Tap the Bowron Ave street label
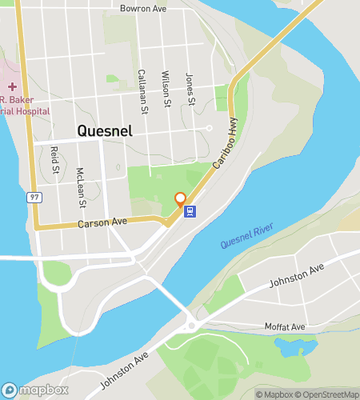[142, 8]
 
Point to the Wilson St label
[166, 86]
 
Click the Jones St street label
[190, 89]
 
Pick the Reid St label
[54, 159]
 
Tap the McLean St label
[79, 184]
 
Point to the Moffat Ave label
[285, 327]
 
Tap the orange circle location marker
[181, 198]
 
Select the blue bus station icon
[190, 211]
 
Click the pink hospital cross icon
[12, 86]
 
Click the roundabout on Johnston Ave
[191, 326]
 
